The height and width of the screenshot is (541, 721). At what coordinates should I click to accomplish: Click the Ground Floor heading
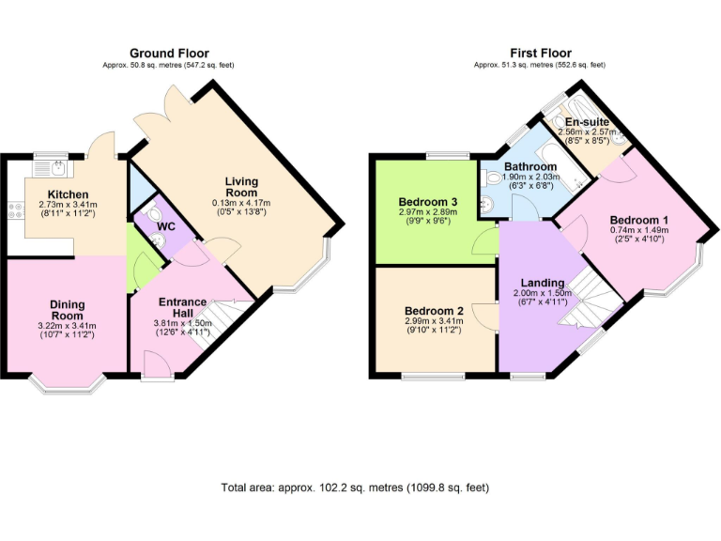tap(169, 54)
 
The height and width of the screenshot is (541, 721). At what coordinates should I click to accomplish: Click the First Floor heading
tap(540, 54)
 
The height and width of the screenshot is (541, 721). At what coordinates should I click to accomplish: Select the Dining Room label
tap(67, 309)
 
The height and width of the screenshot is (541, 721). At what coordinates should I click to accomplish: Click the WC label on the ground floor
tap(165, 227)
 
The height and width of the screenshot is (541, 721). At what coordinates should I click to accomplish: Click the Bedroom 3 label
tap(427, 202)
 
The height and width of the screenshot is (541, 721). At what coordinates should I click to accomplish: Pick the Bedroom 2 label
tap(434, 311)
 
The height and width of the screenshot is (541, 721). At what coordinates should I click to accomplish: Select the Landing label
tap(542, 283)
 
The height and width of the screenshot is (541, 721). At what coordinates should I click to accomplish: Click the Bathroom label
tap(524, 166)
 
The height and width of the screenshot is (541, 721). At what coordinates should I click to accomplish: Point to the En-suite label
tap(587, 122)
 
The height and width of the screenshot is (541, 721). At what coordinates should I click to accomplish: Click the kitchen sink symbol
tap(57, 170)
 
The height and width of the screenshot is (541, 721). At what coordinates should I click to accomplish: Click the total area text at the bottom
tap(355, 487)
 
